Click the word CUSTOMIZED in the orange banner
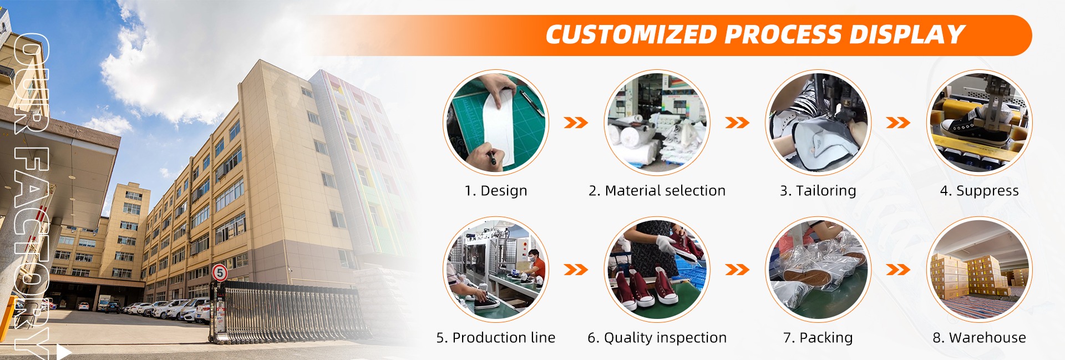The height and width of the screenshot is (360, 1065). pyautogui.click(x=631, y=34)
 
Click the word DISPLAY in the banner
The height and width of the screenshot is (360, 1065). pyautogui.click(x=907, y=34)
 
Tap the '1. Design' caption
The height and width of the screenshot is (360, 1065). pyautogui.click(x=496, y=191)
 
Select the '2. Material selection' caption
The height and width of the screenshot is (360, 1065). pyautogui.click(x=657, y=191)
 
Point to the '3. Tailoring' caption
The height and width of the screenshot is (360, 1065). pyautogui.click(x=818, y=191)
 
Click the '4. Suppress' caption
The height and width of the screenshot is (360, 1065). pyautogui.click(x=980, y=191)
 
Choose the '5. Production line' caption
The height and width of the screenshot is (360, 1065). pyautogui.click(x=496, y=337)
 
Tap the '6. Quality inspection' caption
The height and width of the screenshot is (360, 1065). pyautogui.click(x=657, y=338)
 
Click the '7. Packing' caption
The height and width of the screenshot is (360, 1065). pyautogui.click(x=818, y=338)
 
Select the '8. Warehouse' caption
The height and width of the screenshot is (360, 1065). pyautogui.click(x=980, y=337)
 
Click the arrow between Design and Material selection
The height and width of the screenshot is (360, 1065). pyautogui.click(x=576, y=123)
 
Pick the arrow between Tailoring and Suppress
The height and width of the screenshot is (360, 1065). pyautogui.click(x=898, y=123)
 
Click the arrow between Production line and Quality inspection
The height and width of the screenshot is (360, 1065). pyautogui.click(x=576, y=270)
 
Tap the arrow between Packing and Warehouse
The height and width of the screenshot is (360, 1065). pyautogui.click(x=898, y=270)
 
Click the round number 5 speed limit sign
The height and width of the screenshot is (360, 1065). pyautogui.click(x=220, y=272)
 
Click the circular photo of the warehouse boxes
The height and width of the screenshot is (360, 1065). pyautogui.click(x=980, y=270)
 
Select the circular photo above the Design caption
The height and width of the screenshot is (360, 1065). pyautogui.click(x=496, y=123)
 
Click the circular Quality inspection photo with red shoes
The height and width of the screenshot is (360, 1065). pyautogui.click(x=657, y=270)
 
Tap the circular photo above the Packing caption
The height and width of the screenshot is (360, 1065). pyautogui.click(x=818, y=270)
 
